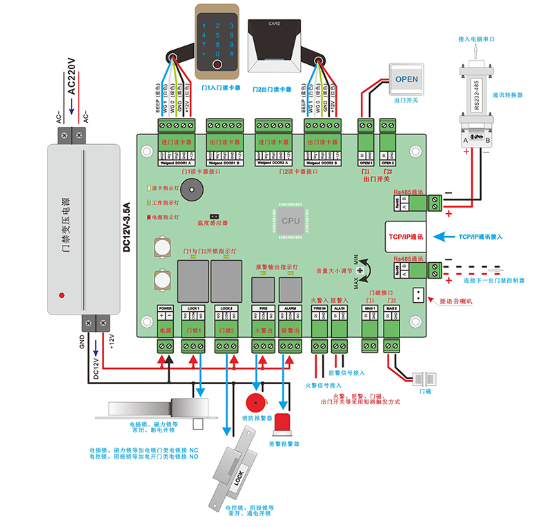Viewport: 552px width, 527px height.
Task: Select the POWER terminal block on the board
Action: [x=165, y=321]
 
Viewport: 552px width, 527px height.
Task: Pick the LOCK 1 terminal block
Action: [x=193, y=321]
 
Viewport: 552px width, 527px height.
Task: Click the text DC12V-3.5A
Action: [x=126, y=228]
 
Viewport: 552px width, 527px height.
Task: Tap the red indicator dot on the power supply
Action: [x=61, y=295]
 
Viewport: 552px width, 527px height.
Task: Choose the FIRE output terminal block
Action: [x=262, y=321]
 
